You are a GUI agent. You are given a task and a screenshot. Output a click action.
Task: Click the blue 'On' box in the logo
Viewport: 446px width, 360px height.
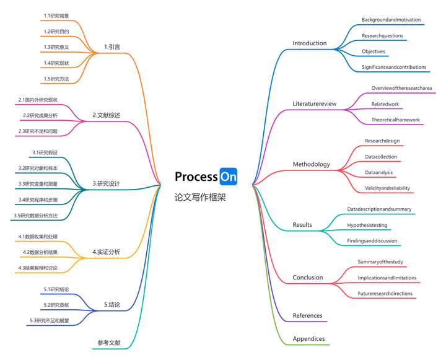(x=228, y=177)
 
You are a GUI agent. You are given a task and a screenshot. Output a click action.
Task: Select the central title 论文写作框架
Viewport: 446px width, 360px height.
(x=200, y=198)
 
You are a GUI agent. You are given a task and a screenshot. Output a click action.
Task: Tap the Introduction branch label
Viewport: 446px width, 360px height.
(x=309, y=43)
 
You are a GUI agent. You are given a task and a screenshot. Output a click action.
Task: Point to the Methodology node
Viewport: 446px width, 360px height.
(x=311, y=165)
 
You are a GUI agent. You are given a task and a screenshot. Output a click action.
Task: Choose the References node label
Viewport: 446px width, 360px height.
(x=307, y=315)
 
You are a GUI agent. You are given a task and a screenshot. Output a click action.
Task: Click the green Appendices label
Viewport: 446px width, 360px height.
(x=308, y=339)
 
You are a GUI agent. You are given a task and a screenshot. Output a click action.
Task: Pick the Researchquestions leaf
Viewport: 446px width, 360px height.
(x=382, y=36)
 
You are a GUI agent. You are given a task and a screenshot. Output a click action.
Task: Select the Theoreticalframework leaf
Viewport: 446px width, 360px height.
(x=395, y=120)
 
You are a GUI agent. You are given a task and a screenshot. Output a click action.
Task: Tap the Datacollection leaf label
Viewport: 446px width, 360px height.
(x=381, y=157)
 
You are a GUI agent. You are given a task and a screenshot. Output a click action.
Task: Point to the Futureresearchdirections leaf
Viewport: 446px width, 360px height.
(x=385, y=294)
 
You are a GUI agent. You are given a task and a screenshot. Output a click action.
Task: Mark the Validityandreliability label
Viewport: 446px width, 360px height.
(x=387, y=188)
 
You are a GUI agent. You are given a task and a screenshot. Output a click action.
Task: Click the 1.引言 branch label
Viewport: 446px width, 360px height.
(x=112, y=46)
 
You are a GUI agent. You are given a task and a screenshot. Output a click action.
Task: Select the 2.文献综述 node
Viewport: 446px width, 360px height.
(x=106, y=115)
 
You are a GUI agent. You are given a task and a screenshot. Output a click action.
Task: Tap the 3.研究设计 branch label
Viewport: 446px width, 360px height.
(x=106, y=183)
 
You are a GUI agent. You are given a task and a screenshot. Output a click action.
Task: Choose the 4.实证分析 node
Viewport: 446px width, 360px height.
(x=106, y=252)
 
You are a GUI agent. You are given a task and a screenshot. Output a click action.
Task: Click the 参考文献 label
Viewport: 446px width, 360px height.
(x=108, y=343)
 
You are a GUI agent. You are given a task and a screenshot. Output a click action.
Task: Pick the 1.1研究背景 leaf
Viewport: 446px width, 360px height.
(x=56, y=15)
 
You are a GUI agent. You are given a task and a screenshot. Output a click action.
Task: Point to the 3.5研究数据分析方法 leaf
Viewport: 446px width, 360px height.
(x=35, y=216)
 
